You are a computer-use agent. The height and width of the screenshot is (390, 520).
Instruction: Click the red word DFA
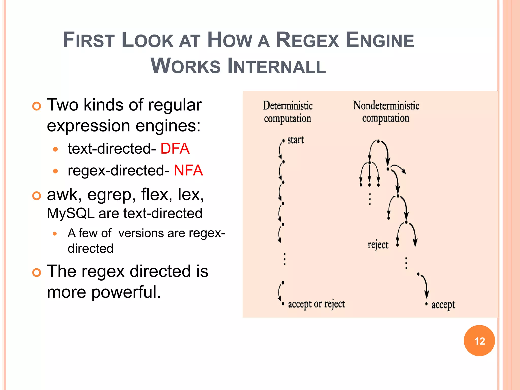[175, 149]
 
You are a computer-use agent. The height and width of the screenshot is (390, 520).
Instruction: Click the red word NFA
[188, 170]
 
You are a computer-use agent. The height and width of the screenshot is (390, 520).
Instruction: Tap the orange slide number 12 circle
[479, 341]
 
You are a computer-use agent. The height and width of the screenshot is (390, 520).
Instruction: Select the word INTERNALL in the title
[277, 66]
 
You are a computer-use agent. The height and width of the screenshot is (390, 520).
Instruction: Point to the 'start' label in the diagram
[295, 140]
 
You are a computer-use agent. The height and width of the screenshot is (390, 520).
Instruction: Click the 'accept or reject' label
[316, 304]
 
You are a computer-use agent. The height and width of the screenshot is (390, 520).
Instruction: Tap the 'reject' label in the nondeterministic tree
[378, 245]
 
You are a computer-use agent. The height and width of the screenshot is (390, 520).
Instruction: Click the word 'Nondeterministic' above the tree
[386, 106]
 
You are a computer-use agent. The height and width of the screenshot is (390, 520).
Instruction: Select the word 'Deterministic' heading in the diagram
[287, 106]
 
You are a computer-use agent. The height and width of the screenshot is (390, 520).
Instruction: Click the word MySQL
[71, 213]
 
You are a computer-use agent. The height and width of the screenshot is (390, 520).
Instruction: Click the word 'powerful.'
[126, 292]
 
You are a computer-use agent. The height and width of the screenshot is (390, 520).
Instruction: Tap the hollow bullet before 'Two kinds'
[37, 106]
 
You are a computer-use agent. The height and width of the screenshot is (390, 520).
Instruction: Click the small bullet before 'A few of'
[55, 234]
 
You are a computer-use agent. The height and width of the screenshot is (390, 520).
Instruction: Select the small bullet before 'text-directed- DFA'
[55, 149]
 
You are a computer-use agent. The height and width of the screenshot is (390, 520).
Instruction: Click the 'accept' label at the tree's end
[443, 304]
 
